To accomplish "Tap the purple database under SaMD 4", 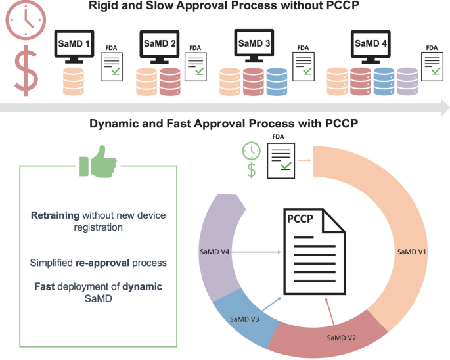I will [x=407, y=81].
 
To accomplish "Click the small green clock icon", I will [x=250, y=150].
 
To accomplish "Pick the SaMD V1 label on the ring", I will [x=413, y=252].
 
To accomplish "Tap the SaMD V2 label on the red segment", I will [x=342, y=338].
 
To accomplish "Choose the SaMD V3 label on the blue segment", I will [x=244, y=319].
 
